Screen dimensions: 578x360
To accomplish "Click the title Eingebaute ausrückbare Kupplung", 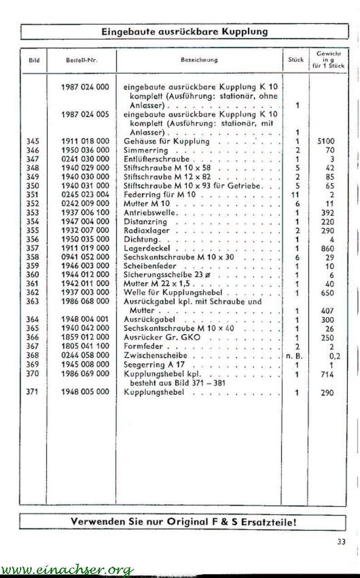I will pyautogui.click(x=184, y=32).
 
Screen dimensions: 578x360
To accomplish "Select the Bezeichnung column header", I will pyautogui.click(x=199, y=60).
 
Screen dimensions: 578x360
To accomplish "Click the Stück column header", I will pyautogui.click(x=296, y=60).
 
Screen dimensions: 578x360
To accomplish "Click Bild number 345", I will pyautogui.click(x=33, y=142).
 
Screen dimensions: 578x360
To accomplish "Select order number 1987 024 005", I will pyautogui.click(x=85, y=114).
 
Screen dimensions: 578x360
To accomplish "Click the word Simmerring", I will pyautogui.click(x=146, y=150).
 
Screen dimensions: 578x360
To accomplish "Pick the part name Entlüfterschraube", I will pyautogui.click(x=156, y=159).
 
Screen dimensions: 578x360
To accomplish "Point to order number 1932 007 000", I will pyautogui.click(x=85, y=230).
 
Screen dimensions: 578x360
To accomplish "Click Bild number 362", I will pyautogui.click(x=33, y=293).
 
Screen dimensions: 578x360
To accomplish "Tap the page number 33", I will pyautogui.click(x=341, y=541).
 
